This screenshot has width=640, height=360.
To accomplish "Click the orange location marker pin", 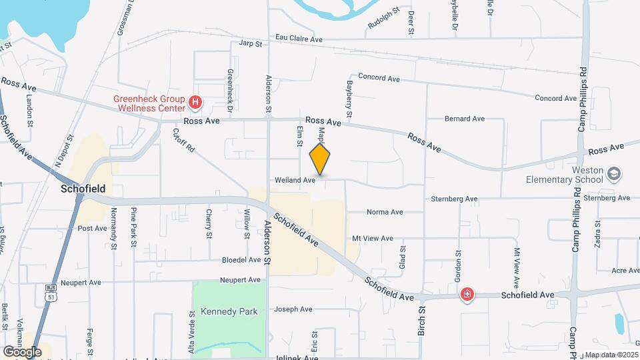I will point(320,159).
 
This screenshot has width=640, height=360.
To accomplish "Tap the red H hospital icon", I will point(195,102).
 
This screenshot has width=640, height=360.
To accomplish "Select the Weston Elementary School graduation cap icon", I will point(614,174).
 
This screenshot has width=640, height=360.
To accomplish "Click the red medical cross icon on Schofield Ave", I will point(467,294).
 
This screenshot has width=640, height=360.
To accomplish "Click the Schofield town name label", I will point(84,189).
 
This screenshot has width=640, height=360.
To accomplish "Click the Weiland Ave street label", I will point(295,180).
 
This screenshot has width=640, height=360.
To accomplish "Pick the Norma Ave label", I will point(385,212).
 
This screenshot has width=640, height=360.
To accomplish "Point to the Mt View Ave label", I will point(373,238).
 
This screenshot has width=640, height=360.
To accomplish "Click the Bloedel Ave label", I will point(241,260).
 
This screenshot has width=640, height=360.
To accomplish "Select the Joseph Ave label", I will point(293,309).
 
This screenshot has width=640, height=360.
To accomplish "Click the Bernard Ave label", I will point(465,119).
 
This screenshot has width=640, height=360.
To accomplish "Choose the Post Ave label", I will point(92,228).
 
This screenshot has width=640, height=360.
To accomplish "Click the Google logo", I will point(22,351).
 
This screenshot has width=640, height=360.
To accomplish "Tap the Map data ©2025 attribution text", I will point(611,355).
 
